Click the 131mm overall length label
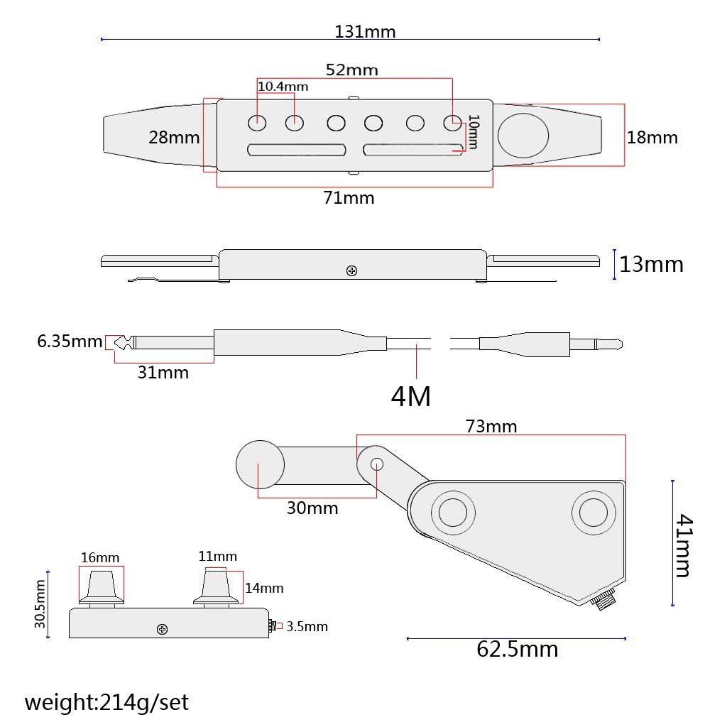point(365,31)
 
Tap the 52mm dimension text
point(352,70)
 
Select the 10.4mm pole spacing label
point(283,86)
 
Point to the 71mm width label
point(349,198)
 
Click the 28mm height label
point(174,137)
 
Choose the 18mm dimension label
point(652,137)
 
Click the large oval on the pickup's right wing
point(523,136)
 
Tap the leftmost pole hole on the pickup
point(257,124)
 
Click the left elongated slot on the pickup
point(297,150)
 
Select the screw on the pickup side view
point(351,270)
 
